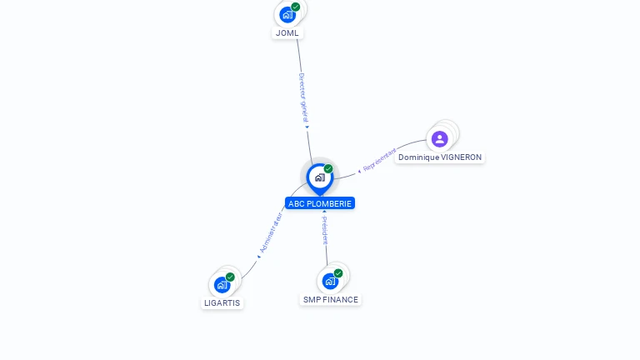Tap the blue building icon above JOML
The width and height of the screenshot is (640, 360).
[x=287, y=14]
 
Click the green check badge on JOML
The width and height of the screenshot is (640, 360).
[x=296, y=7]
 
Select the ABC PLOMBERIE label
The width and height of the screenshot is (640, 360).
[x=320, y=203]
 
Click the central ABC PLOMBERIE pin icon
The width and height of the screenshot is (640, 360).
[x=319, y=177]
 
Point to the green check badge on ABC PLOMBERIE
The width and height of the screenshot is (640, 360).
[x=328, y=169]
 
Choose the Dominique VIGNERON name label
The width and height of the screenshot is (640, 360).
[x=439, y=157]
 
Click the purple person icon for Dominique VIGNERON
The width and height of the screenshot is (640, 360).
[x=440, y=138]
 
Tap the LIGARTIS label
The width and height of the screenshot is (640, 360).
[x=222, y=302]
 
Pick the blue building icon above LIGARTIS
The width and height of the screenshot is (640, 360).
[x=222, y=284]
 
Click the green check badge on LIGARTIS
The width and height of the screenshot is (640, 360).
[x=230, y=277]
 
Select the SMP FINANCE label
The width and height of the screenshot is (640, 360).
[x=330, y=299]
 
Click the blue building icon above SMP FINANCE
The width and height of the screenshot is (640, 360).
[x=330, y=281]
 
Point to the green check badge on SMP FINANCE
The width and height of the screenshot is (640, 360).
[x=338, y=273]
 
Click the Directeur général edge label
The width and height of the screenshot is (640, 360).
[x=303, y=97]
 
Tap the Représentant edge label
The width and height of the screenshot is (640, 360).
[x=380, y=159]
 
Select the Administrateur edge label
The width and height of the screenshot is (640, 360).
[x=272, y=232]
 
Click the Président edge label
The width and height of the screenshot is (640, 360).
[x=325, y=230]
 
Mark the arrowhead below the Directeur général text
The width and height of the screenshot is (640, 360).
[x=307, y=127]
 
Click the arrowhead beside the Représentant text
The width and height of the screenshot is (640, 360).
[x=359, y=170]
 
